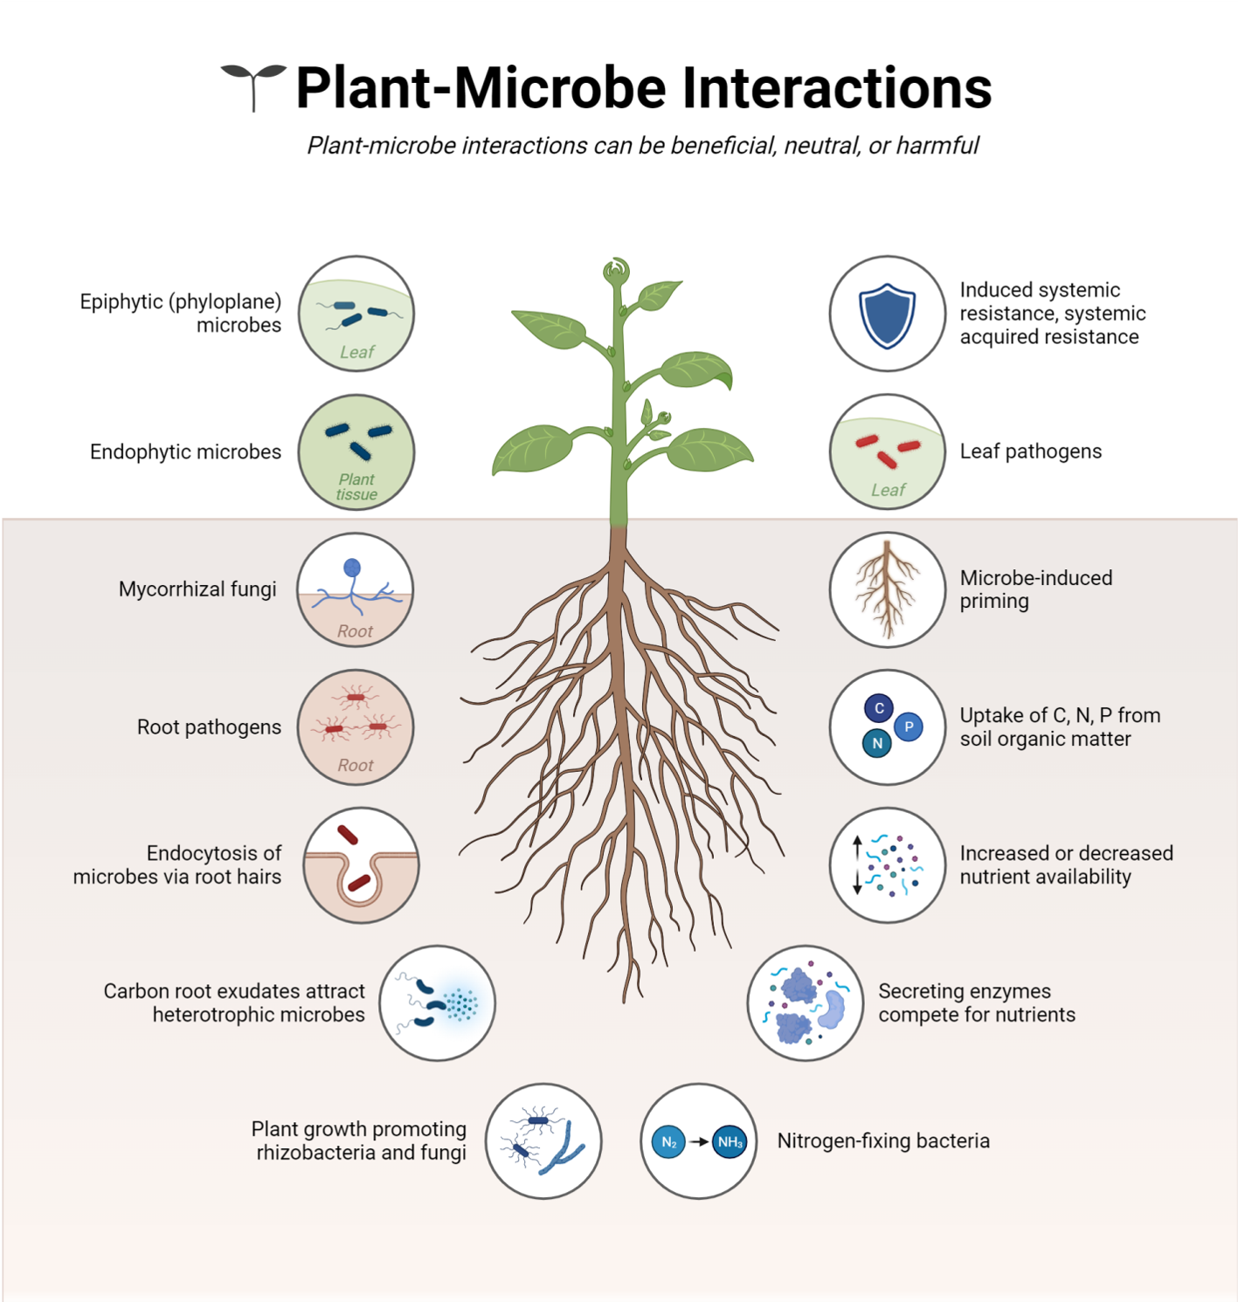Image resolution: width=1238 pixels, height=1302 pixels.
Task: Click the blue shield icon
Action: tap(887, 314)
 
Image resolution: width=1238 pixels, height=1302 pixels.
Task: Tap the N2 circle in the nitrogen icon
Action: tap(668, 1142)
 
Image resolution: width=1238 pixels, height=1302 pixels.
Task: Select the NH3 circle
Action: tap(730, 1142)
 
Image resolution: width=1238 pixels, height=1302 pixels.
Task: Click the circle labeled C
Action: tap(879, 708)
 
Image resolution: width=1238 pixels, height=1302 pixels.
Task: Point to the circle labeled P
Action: tap(909, 727)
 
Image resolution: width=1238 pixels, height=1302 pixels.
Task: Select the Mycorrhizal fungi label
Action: tap(197, 589)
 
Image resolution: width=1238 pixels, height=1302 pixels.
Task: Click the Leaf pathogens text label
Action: tap(1031, 451)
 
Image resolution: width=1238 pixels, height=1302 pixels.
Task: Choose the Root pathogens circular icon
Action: tap(356, 727)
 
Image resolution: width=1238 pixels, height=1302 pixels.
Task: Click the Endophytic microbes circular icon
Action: tap(356, 452)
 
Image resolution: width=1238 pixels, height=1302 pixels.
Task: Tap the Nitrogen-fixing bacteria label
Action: tap(883, 1141)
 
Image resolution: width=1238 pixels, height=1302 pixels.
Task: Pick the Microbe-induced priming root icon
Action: tap(887, 589)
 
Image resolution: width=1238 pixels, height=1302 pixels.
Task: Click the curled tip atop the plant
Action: tap(616, 269)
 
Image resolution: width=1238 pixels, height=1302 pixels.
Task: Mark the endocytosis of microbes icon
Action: tap(361, 865)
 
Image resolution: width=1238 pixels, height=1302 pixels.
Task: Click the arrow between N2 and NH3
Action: tap(699, 1142)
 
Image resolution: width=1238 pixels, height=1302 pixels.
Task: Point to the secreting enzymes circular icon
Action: tap(805, 1003)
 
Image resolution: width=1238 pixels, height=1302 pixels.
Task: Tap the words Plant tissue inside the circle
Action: tap(356, 487)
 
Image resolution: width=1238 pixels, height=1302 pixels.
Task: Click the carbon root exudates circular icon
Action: tap(437, 1003)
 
